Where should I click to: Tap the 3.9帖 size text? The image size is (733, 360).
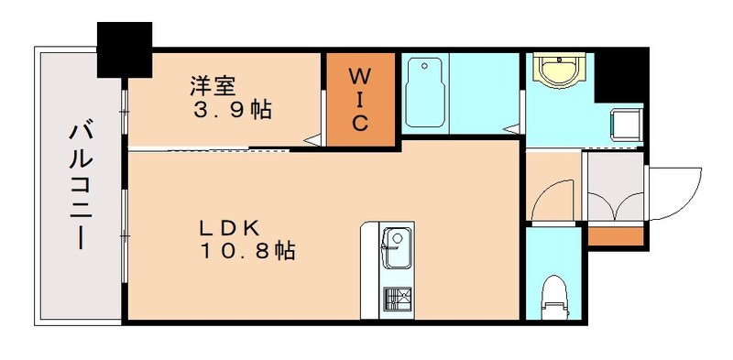pyautogui.click(x=231, y=111)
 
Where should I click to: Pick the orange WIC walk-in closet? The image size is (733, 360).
pyautogui.click(x=361, y=98)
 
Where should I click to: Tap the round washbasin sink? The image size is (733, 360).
pyautogui.click(x=560, y=70)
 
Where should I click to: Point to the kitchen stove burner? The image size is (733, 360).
pyautogui.click(x=397, y=300)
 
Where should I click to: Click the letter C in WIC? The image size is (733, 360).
pyautogui.click(x=361, y=124)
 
